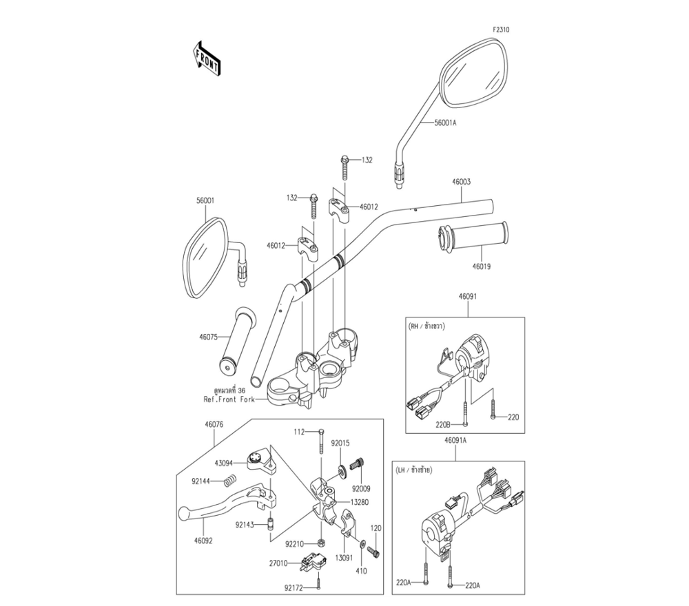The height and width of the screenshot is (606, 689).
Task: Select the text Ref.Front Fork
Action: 229,399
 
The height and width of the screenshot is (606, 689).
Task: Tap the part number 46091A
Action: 455,440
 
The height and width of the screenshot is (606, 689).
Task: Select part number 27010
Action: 278,563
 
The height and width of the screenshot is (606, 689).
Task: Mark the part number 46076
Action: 214,425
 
